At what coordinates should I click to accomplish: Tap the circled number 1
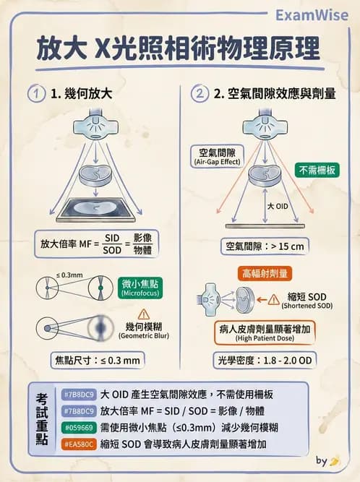click(x=35, y=93)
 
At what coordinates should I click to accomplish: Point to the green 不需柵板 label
click(x=316, y=171)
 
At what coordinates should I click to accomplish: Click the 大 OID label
click(x=279, y=206)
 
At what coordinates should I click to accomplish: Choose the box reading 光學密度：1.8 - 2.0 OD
click(x=265, y=359)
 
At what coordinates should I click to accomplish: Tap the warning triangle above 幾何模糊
click(x=142, y=314)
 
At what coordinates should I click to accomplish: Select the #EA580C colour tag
click(x=79, y=444)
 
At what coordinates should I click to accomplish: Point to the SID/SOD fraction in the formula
click(x=111, y=244)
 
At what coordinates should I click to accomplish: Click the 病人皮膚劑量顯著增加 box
click(x=265, y=332)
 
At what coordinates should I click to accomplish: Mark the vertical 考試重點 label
click(x=43, y=418)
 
